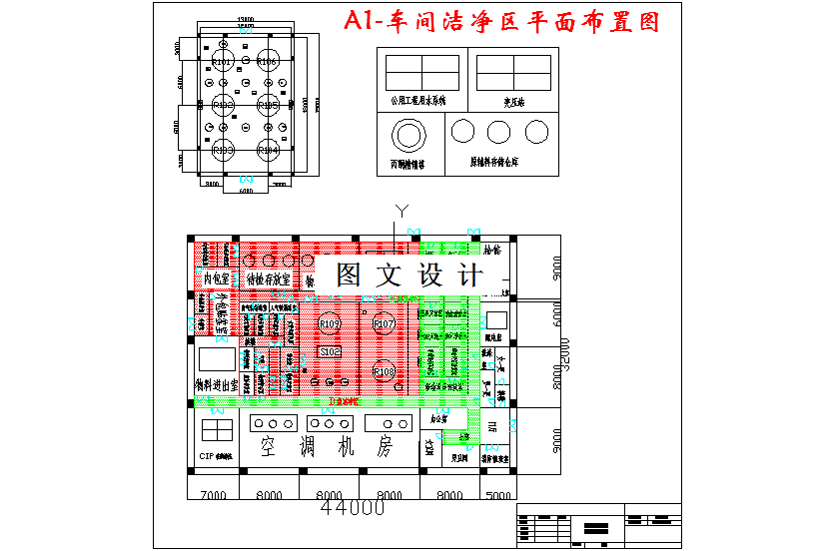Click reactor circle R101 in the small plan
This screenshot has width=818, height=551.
point(223,62)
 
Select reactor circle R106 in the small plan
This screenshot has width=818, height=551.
point(267,62)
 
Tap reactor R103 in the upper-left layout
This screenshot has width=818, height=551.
point(223,150)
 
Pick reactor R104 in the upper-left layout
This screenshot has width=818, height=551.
point(267,150)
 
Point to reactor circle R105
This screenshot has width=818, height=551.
point(267,105)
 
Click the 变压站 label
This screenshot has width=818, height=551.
point(513,101)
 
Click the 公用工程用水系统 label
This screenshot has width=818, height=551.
point(418,101)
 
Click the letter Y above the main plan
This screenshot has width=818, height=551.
point(402,212)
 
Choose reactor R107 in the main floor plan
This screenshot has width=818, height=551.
point(384,324)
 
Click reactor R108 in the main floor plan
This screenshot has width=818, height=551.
point(384,372)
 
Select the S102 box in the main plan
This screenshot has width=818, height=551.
point(330,352)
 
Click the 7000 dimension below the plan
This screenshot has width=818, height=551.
point(213,496)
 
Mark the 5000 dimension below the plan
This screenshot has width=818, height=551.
point(496,496)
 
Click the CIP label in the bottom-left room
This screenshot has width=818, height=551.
point(208,456)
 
